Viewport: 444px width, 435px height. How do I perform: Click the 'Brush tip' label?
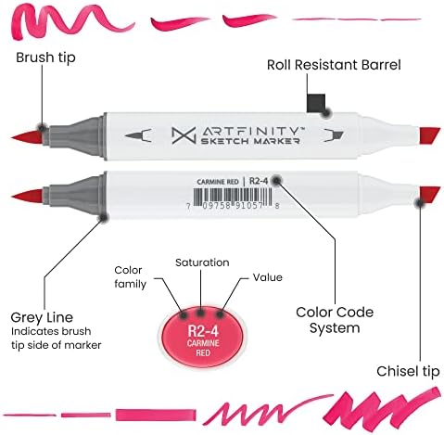(x=45, y=58)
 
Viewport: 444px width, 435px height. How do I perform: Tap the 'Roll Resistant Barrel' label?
(x=334, y=65)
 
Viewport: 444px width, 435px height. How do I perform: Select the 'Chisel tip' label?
(x=408, y=371)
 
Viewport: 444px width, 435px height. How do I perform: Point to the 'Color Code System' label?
(x=335, y=320)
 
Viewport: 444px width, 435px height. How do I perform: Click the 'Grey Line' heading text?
(x=42, y=317)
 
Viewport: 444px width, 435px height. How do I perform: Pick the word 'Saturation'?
(x=202, y=262)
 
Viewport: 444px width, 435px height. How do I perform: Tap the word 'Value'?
(x=268, y=277)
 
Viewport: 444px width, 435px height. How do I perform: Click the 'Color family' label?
(x=130, y=277)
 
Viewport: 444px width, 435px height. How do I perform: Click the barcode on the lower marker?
(x=233, y=196)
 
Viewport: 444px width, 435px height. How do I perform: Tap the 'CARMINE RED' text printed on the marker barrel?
(x=218, y=182)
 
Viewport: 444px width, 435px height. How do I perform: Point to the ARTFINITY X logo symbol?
(x=184, y=135)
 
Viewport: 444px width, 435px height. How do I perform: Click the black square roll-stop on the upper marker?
(x=316, y=103)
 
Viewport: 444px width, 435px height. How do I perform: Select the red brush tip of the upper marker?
(x=27, y=137)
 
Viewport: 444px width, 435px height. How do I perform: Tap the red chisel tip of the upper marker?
(x=429, y=135)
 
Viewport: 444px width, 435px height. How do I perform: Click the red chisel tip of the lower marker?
(x=429, y=195)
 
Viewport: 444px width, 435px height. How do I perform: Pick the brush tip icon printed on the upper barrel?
(x=138, y=135)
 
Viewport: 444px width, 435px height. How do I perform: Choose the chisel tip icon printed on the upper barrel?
(x=334, y=135)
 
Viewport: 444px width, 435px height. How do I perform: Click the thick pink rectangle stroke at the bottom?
(x=156, y=415)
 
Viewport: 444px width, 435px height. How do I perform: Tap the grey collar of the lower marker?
(x=75, y=195)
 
